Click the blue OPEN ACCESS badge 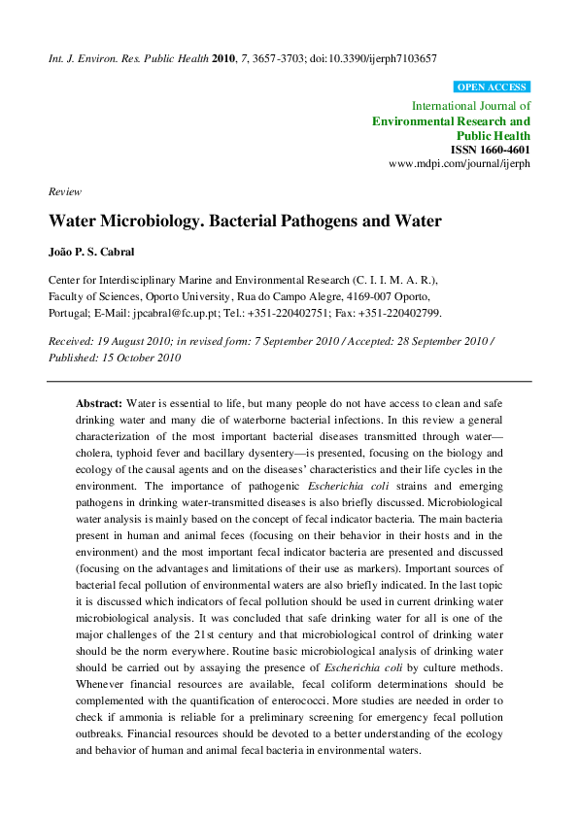(x=492, y=87)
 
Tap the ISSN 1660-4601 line (x=491, y=151)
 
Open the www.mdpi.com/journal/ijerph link (x=460, y=165)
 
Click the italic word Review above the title (x=65, y=192)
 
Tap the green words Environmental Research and (x=452, y=121)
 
